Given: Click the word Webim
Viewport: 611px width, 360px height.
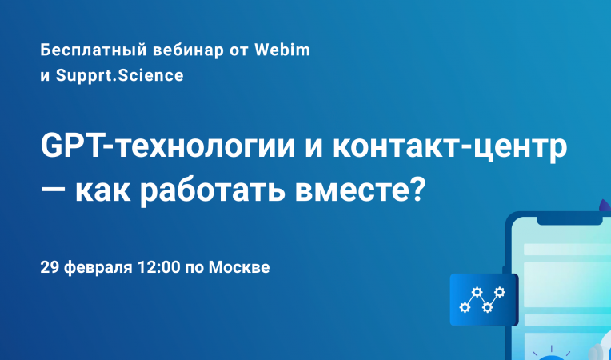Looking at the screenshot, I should pos(282,50).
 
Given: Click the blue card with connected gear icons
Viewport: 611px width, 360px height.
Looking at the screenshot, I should pos(483,299).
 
